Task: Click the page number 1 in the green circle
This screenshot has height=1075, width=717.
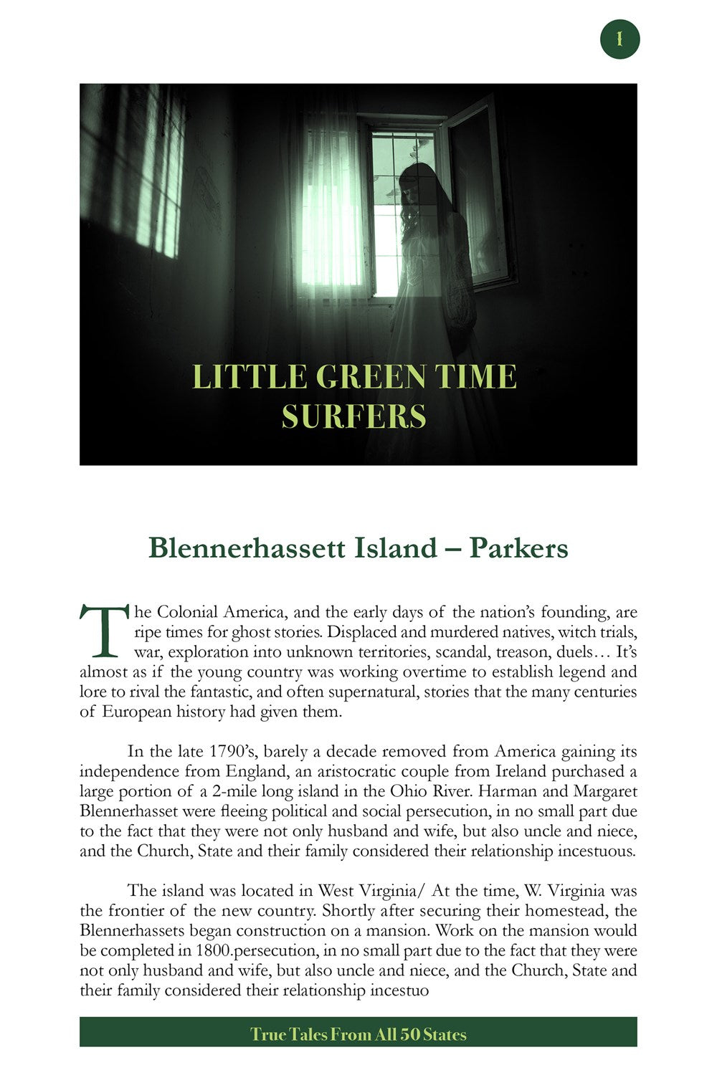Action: pos(619,39)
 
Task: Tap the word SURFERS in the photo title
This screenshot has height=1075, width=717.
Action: pos(354,416)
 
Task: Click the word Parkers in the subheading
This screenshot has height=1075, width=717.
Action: pos(518,548)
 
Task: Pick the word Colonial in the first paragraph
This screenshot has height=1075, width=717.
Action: pos(187,612)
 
